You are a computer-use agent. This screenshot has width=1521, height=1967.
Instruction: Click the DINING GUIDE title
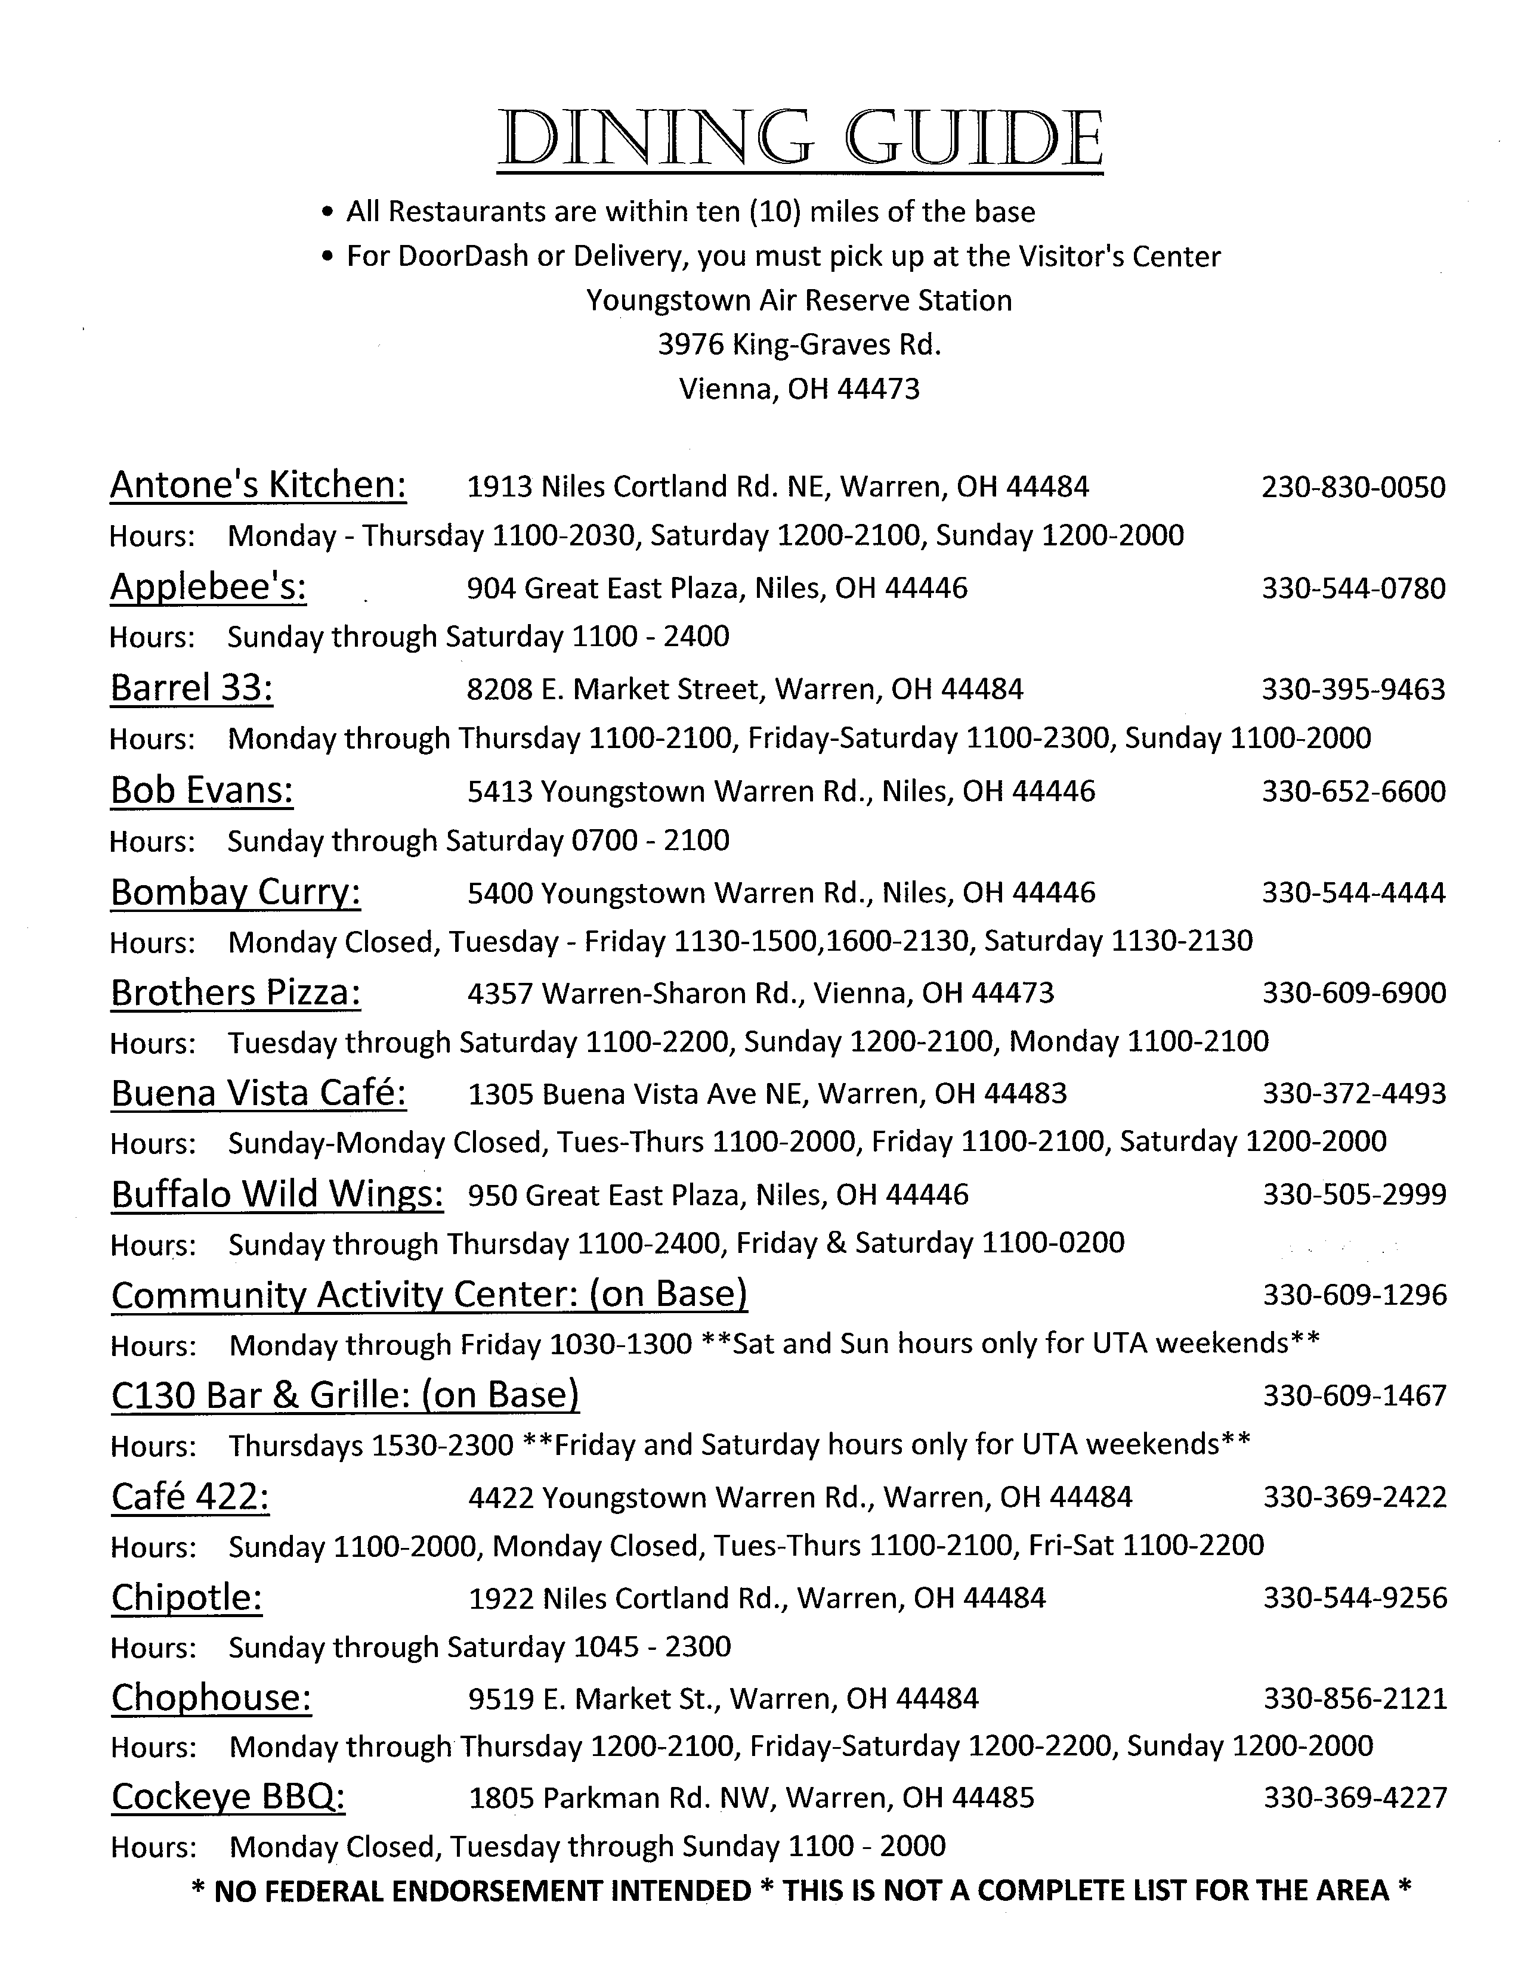[x=799, y=139]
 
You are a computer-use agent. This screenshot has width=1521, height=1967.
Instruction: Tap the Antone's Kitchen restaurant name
[x=258, y=485]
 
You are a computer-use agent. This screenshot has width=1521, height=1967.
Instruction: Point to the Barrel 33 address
[x=744, y=690]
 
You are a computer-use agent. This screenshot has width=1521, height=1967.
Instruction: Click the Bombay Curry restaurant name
[x=235, y=892]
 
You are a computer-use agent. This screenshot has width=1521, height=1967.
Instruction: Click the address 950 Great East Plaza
[x=718, y=1195]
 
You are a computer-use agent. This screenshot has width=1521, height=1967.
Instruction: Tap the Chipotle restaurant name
[x=187, y=1597]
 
